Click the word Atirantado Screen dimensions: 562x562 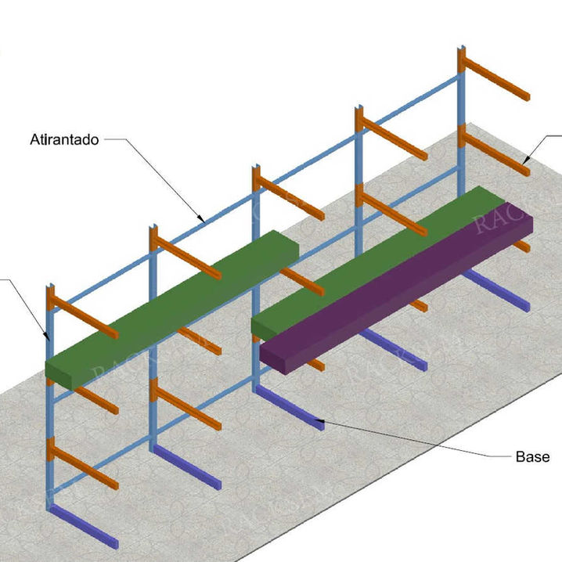point(64,140)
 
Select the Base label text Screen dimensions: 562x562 point(531,456)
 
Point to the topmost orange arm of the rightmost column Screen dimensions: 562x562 point(496,81)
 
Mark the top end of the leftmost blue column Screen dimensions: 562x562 point(50,286)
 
